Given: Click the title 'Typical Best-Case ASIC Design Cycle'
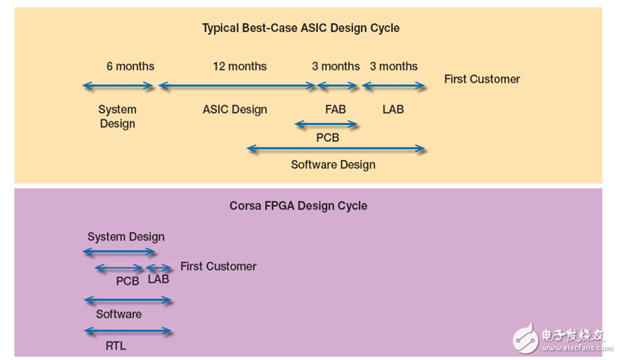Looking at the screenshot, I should point(301,28).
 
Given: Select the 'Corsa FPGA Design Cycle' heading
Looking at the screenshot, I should point(298,206).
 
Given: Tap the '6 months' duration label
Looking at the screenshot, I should point(130,66).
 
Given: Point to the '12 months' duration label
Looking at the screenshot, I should point(239,66).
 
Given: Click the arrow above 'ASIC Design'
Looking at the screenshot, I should point(237,86).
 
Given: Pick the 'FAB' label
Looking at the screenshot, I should point(335,109).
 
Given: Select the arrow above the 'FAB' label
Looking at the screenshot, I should point(337,86).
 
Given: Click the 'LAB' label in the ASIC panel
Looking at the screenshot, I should point(393,109).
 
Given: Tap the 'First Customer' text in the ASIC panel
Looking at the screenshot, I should point(482,79).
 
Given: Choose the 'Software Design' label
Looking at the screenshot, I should point(333,165).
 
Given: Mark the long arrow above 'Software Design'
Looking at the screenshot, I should point(336,149).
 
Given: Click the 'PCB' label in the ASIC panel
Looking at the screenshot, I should point(327,137).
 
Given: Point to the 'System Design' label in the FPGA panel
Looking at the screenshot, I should point(126,236).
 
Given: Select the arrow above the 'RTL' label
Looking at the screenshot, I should point(128,331).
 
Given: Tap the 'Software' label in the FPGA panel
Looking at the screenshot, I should point(119,314).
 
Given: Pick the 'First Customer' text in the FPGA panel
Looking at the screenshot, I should point(218,266).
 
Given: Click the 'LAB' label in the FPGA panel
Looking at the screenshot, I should point(158,279).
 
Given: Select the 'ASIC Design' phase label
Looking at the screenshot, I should point(234,109).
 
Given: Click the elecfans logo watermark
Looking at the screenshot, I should point(560,338).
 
